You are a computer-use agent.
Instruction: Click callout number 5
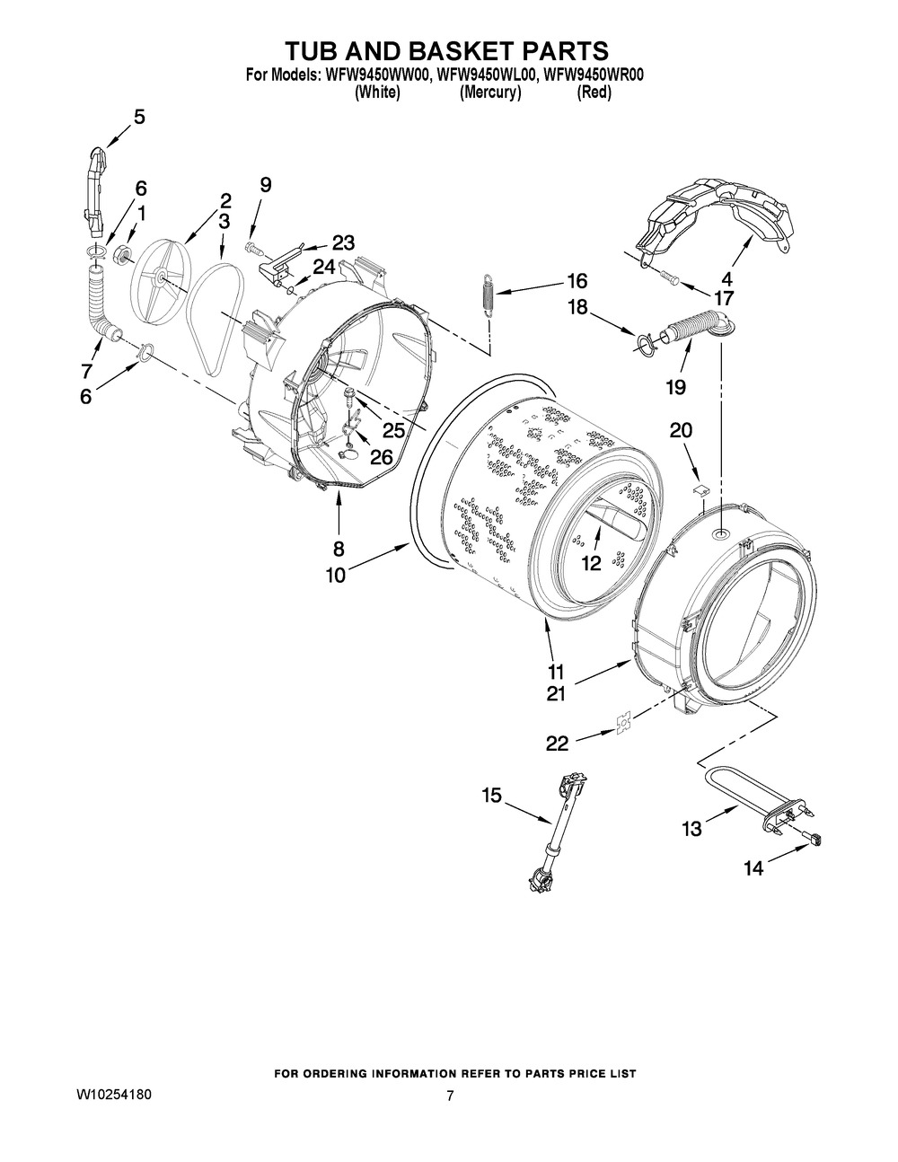click(x=139, y=116)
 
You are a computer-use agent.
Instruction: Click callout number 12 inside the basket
click(x=590, y=564)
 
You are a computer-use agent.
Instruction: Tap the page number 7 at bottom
click(x=450, y=1096)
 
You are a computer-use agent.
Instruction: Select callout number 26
click(x=382, y=457)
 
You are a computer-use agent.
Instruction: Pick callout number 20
click(x=681, y=431)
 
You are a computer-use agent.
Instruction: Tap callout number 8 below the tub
click(x=339, y=548)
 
